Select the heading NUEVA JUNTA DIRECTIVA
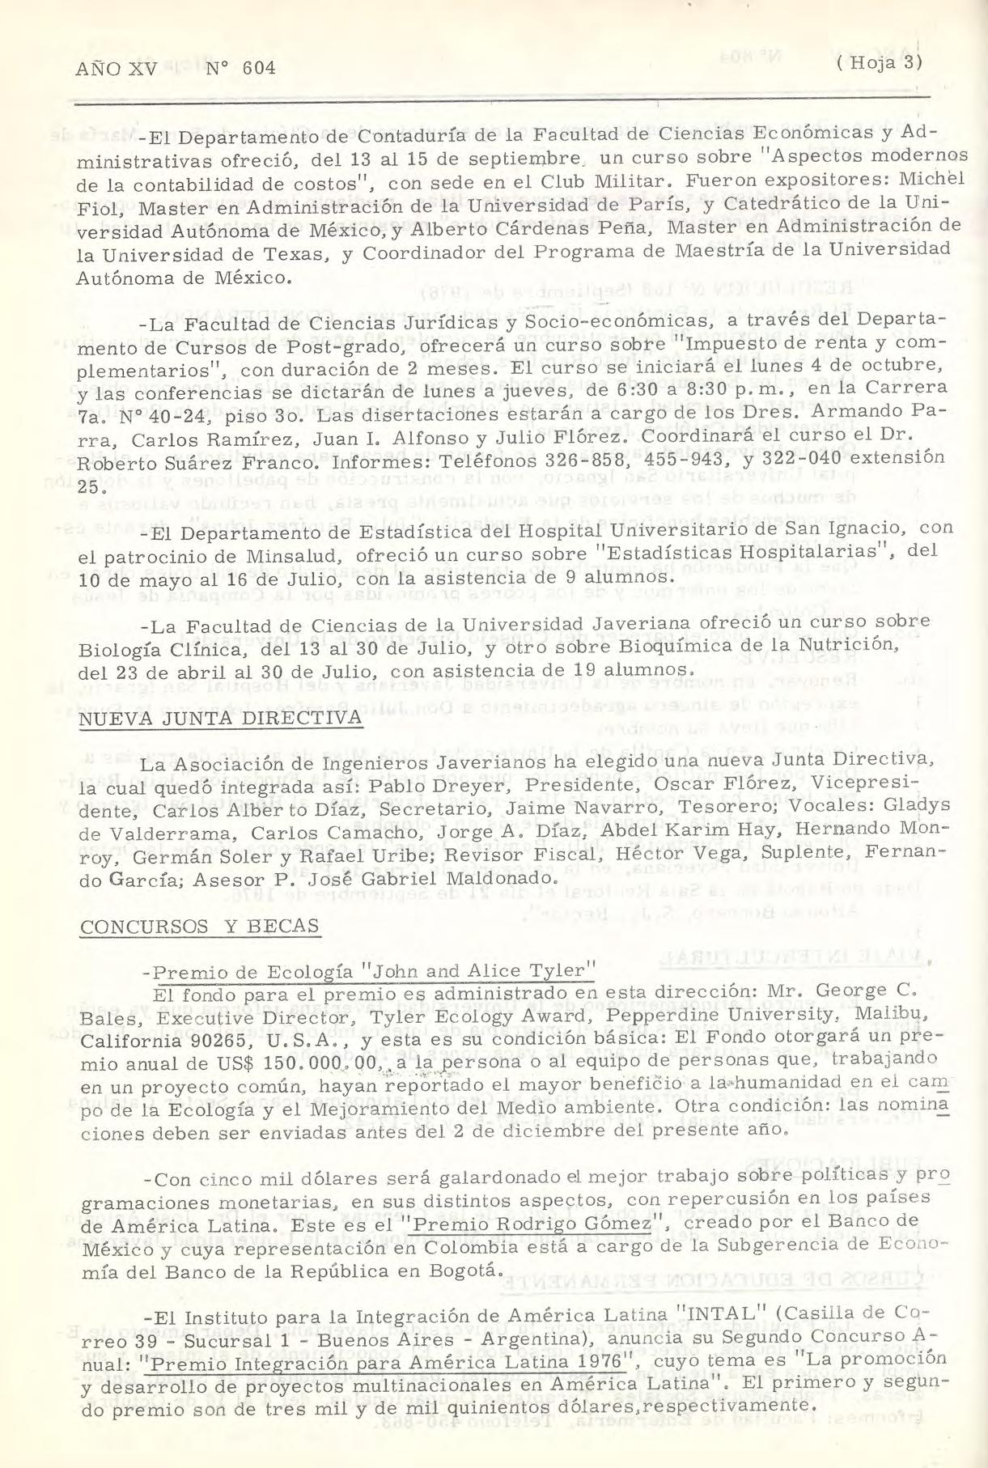[220, 719]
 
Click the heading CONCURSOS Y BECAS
[200, 927]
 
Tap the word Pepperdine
[650, 1015]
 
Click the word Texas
[296, 257]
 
